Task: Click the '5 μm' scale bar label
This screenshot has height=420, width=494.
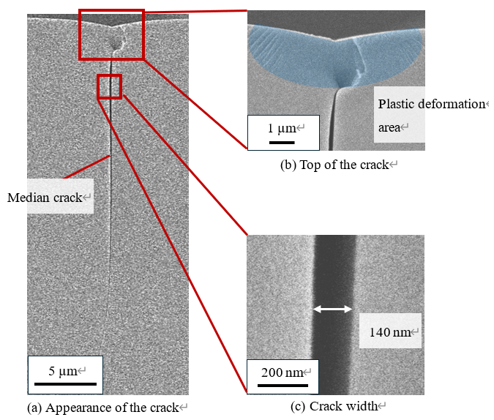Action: point(63,371)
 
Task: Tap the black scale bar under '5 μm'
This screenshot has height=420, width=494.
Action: point(66,384)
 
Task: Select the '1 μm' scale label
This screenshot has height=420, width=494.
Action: point(282,128)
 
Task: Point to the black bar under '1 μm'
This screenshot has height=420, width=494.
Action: point(282,143)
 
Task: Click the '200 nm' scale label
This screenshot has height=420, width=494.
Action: point(282,372)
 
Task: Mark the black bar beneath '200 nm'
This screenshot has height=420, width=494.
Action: point(282,386)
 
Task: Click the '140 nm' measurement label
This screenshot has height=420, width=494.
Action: point(390,332)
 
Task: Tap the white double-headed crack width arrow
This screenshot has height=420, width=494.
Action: point(333,309)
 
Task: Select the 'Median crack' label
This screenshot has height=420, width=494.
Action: point(45,198)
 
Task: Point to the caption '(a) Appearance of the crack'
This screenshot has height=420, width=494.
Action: point(103,408)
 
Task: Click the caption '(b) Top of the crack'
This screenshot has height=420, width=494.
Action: point(334,165)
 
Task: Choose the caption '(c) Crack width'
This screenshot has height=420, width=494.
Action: point(334,406)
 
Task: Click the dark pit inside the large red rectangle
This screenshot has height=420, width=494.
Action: point(116,44)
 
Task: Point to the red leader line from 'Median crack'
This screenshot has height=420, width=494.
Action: point(87,167)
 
